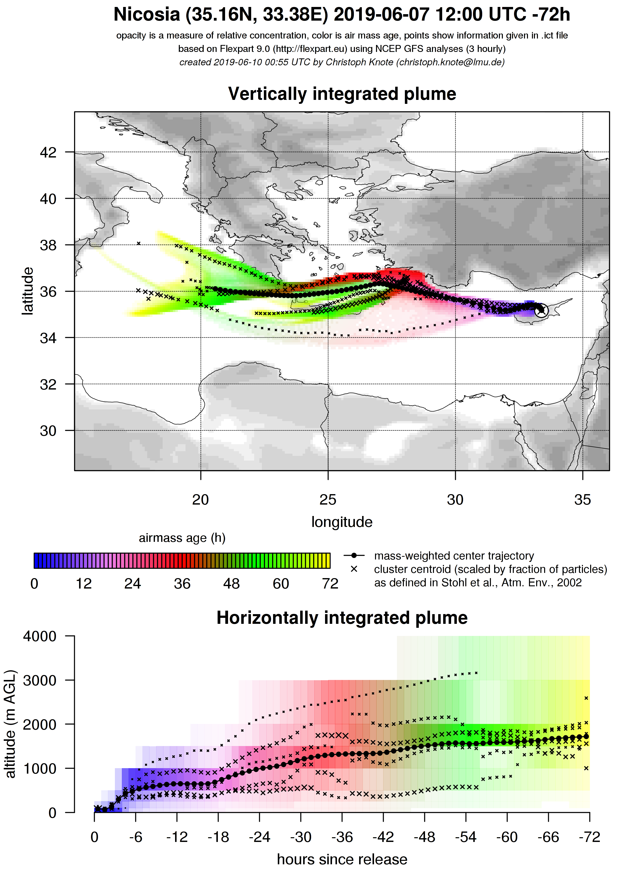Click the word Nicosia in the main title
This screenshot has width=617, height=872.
point(146,15)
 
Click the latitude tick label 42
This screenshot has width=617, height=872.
point(48,152)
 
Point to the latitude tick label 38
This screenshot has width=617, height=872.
point(48,245)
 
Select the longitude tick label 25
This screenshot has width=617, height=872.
point(328,500)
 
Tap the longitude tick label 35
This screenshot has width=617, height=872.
point(582,500)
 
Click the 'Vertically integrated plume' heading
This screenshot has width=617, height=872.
point(342,94)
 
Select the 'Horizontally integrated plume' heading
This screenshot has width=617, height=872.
point(342,618)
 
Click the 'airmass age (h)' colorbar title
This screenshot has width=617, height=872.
point(182,538)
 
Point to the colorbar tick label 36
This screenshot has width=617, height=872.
point(182,584)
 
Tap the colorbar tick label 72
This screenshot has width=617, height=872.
point(330,584)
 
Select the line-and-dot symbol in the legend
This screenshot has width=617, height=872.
point(354,556)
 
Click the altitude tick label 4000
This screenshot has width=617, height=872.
point(40,636)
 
